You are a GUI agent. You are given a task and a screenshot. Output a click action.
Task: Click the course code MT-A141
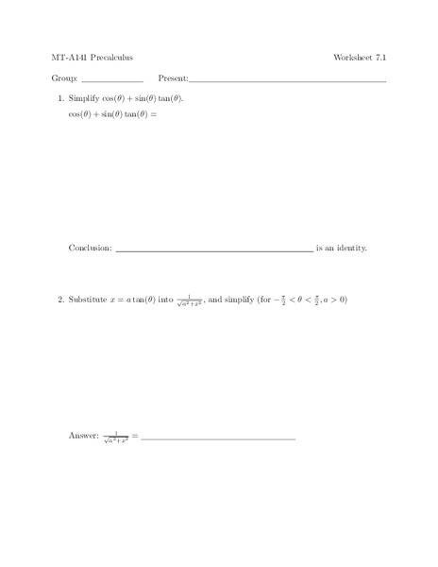(68, 58)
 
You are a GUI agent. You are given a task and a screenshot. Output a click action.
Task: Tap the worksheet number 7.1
(380, 58)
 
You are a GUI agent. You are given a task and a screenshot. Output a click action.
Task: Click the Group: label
(64, 79)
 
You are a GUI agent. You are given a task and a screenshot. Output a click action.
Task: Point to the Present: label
(174, 79)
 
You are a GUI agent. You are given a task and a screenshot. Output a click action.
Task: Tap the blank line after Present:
(288, 82)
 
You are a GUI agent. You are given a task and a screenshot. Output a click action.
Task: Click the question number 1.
(59, 98)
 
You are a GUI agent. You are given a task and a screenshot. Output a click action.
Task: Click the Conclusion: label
(91, 249)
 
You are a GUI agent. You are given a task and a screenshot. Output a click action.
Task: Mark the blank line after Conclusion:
(214, 251)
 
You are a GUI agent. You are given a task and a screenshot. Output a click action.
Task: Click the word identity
(350, 249)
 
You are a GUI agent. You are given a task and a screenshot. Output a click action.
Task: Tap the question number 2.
(59, 301)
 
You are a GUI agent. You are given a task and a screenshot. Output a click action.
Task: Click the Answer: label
(84, 436)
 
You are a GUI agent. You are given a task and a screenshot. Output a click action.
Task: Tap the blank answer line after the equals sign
(218, 439)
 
